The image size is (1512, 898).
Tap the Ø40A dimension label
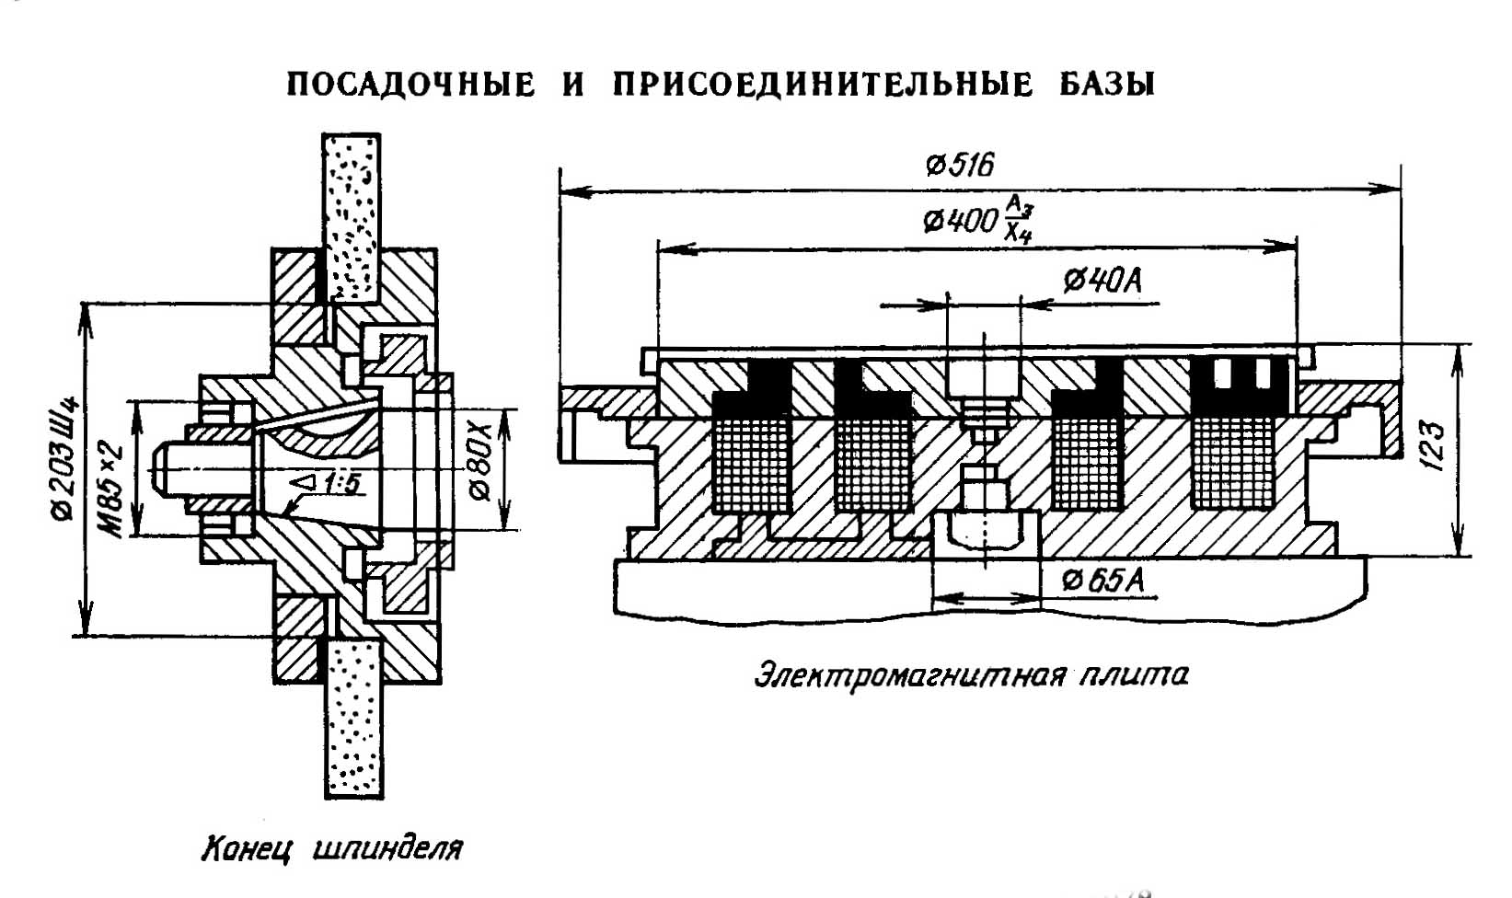pyautogui.click(x=1102, y=281)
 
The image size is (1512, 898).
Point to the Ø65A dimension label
pyautogui.click(x=1102, y=581)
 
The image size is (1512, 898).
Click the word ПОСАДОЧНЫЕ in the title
pyautogui.click(x=410, y=85)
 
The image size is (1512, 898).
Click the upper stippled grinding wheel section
pyautogui.click(x=352, y=217)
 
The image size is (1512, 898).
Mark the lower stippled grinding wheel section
pyautogui.click(x=353, y=718)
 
